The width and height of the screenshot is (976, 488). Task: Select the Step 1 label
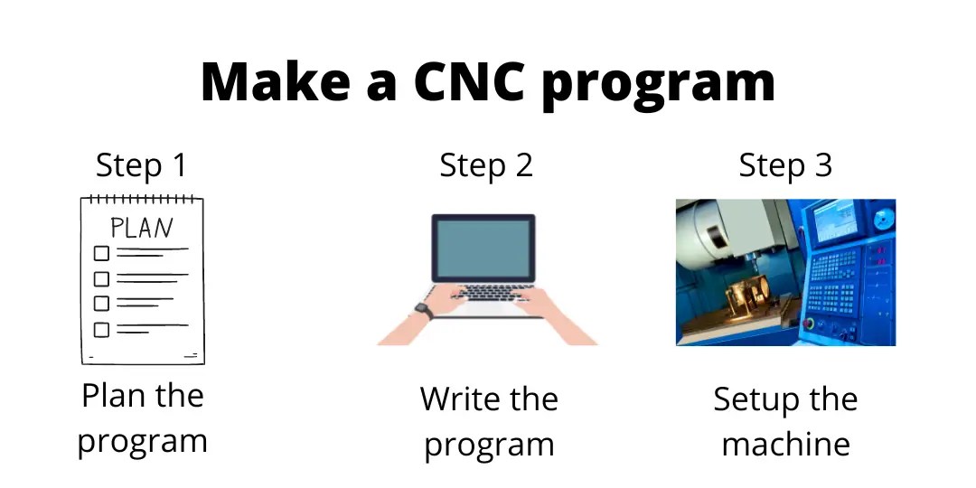(x=141, y=165)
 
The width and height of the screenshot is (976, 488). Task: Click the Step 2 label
(x=486, y=165)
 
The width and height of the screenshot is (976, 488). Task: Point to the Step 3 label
(x=785, y=165)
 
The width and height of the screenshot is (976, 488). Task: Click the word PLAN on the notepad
(x=141, y=228)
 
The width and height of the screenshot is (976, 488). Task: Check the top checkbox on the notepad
(x=101, y=253)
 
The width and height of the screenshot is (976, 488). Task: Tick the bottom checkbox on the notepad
(x=101, y=330)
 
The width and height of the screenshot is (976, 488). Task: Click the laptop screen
(x=483, y=249)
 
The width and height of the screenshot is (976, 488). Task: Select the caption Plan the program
(x=142, y=418)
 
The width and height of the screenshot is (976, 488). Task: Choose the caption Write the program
(x=489, y=421)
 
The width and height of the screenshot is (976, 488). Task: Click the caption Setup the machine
(x=785, y=421)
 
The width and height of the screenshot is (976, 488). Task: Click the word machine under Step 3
(x=785, y=444)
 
